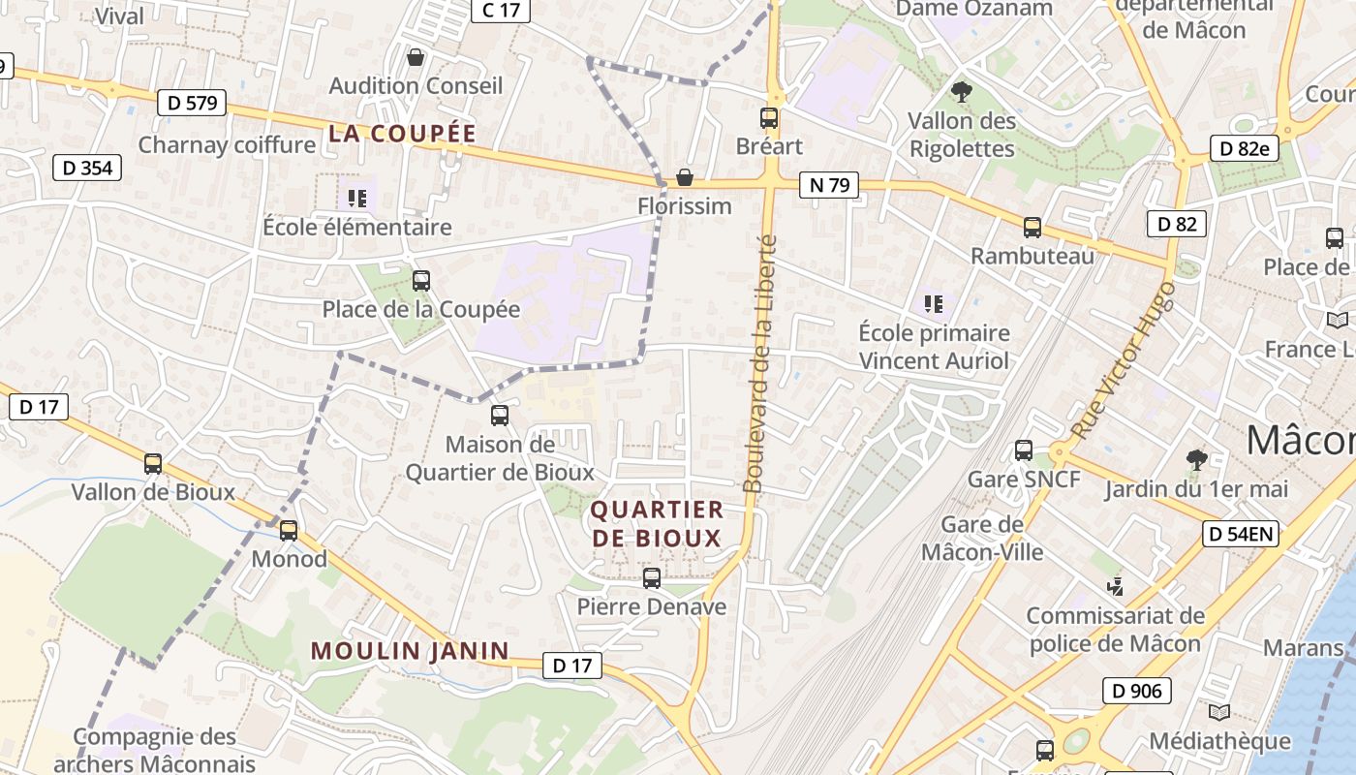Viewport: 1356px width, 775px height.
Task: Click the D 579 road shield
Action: pyautogui.click(x=191, y=103)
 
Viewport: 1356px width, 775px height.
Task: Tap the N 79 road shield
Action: pyautogui.click(x=829, y=184)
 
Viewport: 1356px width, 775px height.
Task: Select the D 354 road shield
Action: pyautogui.click(x=87, y=168)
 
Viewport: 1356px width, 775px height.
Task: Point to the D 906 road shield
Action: pyautogui.click(x=1136, y=691)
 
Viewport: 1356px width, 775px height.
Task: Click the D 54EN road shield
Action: pyautogui.click(x=1241, y=533)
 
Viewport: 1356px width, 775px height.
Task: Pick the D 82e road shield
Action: pyautogui.click(x=1245, y=148)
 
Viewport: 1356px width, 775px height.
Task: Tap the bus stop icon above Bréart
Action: pyautogui.click(x=769, y=118)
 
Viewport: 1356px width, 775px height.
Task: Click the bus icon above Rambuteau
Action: pyautogui.click(x=1032, y=228)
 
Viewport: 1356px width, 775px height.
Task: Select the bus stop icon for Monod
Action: pyautogui.click(x=289, y=531)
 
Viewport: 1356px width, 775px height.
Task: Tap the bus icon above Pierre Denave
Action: pyautogui.click(x=652, y=578)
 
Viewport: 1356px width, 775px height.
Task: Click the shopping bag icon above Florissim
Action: pyautogui.click(x=685, y=177)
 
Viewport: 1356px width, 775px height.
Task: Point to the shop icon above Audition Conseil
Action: pyautogui.click(x=416, y=58)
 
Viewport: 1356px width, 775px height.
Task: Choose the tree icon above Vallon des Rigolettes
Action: pyautogui.click(x=962, y=92)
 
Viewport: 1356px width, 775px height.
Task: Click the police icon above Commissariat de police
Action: pyautogui.click(x=1116, y=586)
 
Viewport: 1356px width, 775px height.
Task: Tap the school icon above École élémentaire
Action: pyautogui.click(x=357, y=199)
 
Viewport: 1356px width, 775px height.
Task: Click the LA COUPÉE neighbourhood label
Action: pyautogui.click(x=402, y=134)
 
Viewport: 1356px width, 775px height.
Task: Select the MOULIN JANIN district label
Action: pyautogui.click(x=410, y=651)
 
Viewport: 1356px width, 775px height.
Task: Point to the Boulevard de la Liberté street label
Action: pyautogui.click(x=759, y=363)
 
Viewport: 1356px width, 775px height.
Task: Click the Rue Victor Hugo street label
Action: pyautogui.click(x=1125, y=359)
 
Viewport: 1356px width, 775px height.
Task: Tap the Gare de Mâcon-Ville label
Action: pyautogui.click(x=982, y=539)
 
